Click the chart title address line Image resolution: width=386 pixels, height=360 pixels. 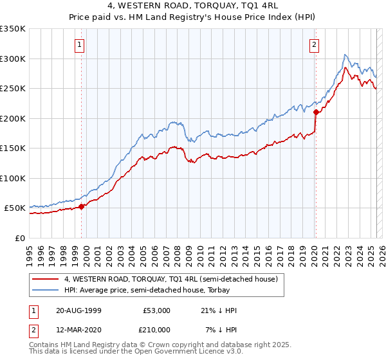click(x=193, y=6)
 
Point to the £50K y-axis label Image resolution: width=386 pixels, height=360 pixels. click(x=15, y=208)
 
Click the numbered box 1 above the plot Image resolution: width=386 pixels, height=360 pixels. click(x=79, y=45)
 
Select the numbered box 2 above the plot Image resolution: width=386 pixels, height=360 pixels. click(x=314, y=45)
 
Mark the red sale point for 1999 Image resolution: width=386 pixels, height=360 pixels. click(x=82, y=206)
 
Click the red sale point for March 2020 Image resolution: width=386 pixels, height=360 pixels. click(x=316, y=112)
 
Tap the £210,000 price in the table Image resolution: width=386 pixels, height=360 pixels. click(x=156, y=330)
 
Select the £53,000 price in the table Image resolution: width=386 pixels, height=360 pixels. click(x=156, y=310)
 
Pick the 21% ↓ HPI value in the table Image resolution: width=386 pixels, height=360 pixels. click(x=219, y=310)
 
